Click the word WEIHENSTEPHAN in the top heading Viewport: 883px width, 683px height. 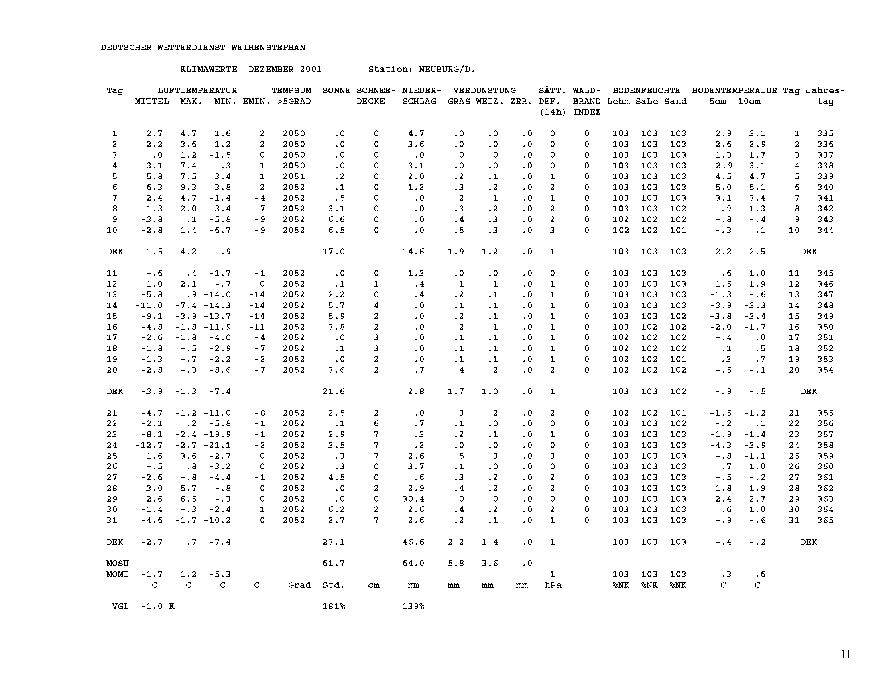click(268, 48)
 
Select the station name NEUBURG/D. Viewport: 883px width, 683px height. click(447, 69)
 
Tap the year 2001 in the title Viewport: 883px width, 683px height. click(311, 69)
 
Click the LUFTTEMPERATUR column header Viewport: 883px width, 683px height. click(197, 91)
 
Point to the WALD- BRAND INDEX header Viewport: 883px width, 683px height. click(586, 101)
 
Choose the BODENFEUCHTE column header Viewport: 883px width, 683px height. click(647, 91)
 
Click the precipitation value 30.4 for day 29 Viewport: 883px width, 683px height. click(413, 499)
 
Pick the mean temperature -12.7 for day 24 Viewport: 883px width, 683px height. click(149, 445)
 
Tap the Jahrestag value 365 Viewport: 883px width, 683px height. click(825, 520)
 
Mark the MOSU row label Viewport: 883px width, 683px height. click(117, 563)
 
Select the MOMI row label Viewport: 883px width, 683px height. click(117, 574)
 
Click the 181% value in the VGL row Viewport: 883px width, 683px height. click(333, 606)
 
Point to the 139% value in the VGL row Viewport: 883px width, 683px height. click(413, 606)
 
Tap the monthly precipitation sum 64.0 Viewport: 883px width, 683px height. click(413, 563)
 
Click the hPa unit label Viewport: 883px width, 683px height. click(553, 585)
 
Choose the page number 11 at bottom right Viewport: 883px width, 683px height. click(846, 654)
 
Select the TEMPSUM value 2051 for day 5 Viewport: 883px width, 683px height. click(293, 176)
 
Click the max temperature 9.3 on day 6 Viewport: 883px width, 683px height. click(188, 187)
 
